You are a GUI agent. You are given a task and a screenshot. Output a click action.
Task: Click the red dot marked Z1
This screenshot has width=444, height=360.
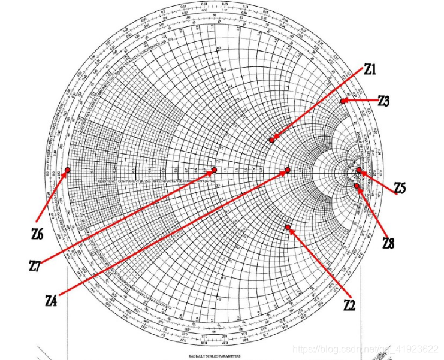coord(272,140)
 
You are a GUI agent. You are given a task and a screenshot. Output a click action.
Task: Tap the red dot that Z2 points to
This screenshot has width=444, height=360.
coord(288,227)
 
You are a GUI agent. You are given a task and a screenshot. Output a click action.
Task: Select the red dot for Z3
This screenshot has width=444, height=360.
coord(343,101)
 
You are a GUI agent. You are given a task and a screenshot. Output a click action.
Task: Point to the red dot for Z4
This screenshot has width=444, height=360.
coord(288,170)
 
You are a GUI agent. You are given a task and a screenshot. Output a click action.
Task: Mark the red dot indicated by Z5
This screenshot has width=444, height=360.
coord(359,170)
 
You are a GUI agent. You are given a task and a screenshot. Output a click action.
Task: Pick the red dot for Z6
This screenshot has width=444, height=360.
coord(68,170)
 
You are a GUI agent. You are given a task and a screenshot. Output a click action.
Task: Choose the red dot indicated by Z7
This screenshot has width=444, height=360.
coord(214,170)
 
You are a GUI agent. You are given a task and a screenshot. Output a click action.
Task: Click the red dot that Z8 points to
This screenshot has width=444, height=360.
coord(357,186)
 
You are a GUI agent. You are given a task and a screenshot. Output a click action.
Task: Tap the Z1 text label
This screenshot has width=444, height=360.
coord(370,70)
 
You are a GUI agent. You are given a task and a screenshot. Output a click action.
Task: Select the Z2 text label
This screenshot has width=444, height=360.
coord(349,305)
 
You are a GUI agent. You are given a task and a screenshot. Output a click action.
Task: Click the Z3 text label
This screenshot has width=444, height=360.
coord(384,101)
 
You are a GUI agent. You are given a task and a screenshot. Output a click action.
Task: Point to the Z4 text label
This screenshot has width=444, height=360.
coord(52,301)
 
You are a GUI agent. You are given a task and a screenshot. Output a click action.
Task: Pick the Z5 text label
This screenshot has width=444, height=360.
coord(400,189)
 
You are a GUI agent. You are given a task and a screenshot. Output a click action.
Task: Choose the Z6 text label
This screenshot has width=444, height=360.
coord(37,234)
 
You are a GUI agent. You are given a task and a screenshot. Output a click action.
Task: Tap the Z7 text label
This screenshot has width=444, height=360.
coord(35,265)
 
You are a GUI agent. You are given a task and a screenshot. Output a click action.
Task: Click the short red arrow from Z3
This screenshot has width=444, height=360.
coord(361,101)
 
